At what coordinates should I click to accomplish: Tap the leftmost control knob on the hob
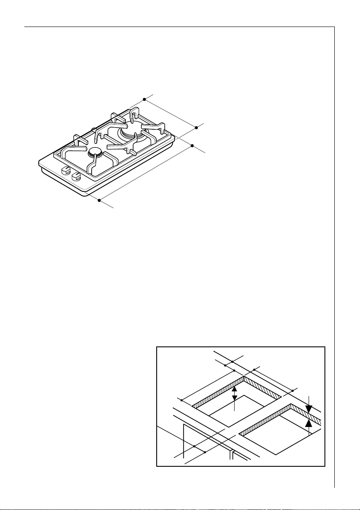[x=65, y=170]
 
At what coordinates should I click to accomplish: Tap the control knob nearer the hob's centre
[x=76, y=176]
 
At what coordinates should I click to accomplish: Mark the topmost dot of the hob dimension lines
[x=144, y=99]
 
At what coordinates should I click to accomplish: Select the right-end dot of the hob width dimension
[x=196, y=127]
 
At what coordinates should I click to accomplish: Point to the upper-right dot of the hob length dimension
[x=192, y=146]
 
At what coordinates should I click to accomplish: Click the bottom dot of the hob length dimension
[x=99, y=200]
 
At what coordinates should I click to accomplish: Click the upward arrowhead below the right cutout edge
[x=309, y=424]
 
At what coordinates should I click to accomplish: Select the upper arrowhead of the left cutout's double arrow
[x=234, y=389]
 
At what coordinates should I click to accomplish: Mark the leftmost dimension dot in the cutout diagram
[x=181, y=400]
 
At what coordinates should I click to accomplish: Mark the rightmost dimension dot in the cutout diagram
[x=293, y=391]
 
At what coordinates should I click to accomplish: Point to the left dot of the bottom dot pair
[x=194, y=446]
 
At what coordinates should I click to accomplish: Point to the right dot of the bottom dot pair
[x=205, y=452]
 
